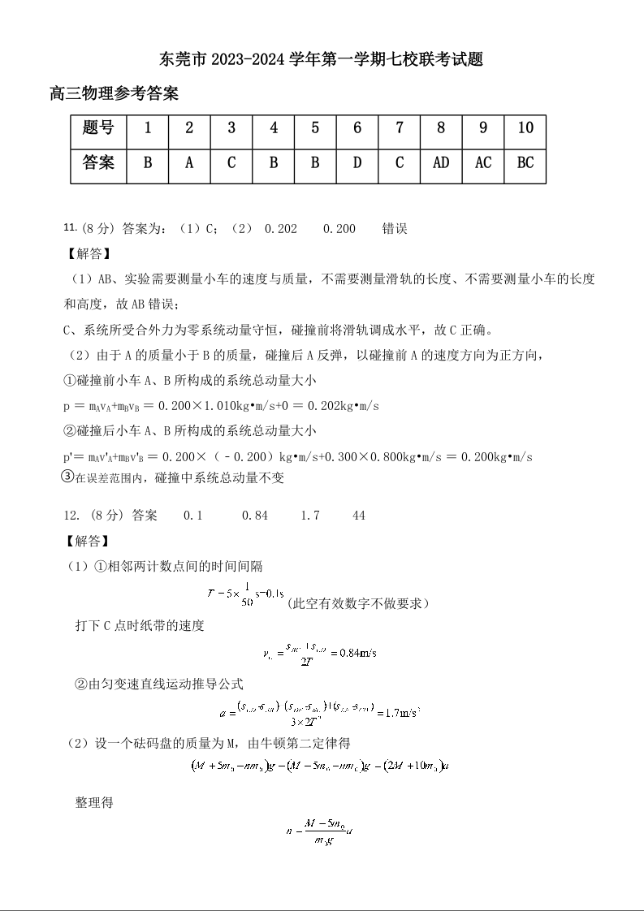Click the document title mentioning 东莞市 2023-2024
[x=322, y=59]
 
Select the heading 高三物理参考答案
[x=115, y=94]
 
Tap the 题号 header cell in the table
[x=98, y=127]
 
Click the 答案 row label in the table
[x=98, y=162]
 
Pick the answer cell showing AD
[x=441, y=162]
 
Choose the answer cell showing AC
[x=483, y=162]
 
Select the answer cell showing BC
[x=525, y=162]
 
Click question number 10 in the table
[x=525, y=127]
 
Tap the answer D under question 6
[x=357, y=162]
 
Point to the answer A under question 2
[x=189, y=162]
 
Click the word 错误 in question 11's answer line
[x=395, y=229]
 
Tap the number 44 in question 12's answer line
[x=359, y=516]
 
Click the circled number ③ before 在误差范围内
[x=68, y=477]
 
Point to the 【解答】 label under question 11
[x=85, y=253]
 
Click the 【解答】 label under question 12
[x=85, y=540]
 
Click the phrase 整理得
[x=94, y=802]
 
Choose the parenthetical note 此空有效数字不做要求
[x=357, y=603]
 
